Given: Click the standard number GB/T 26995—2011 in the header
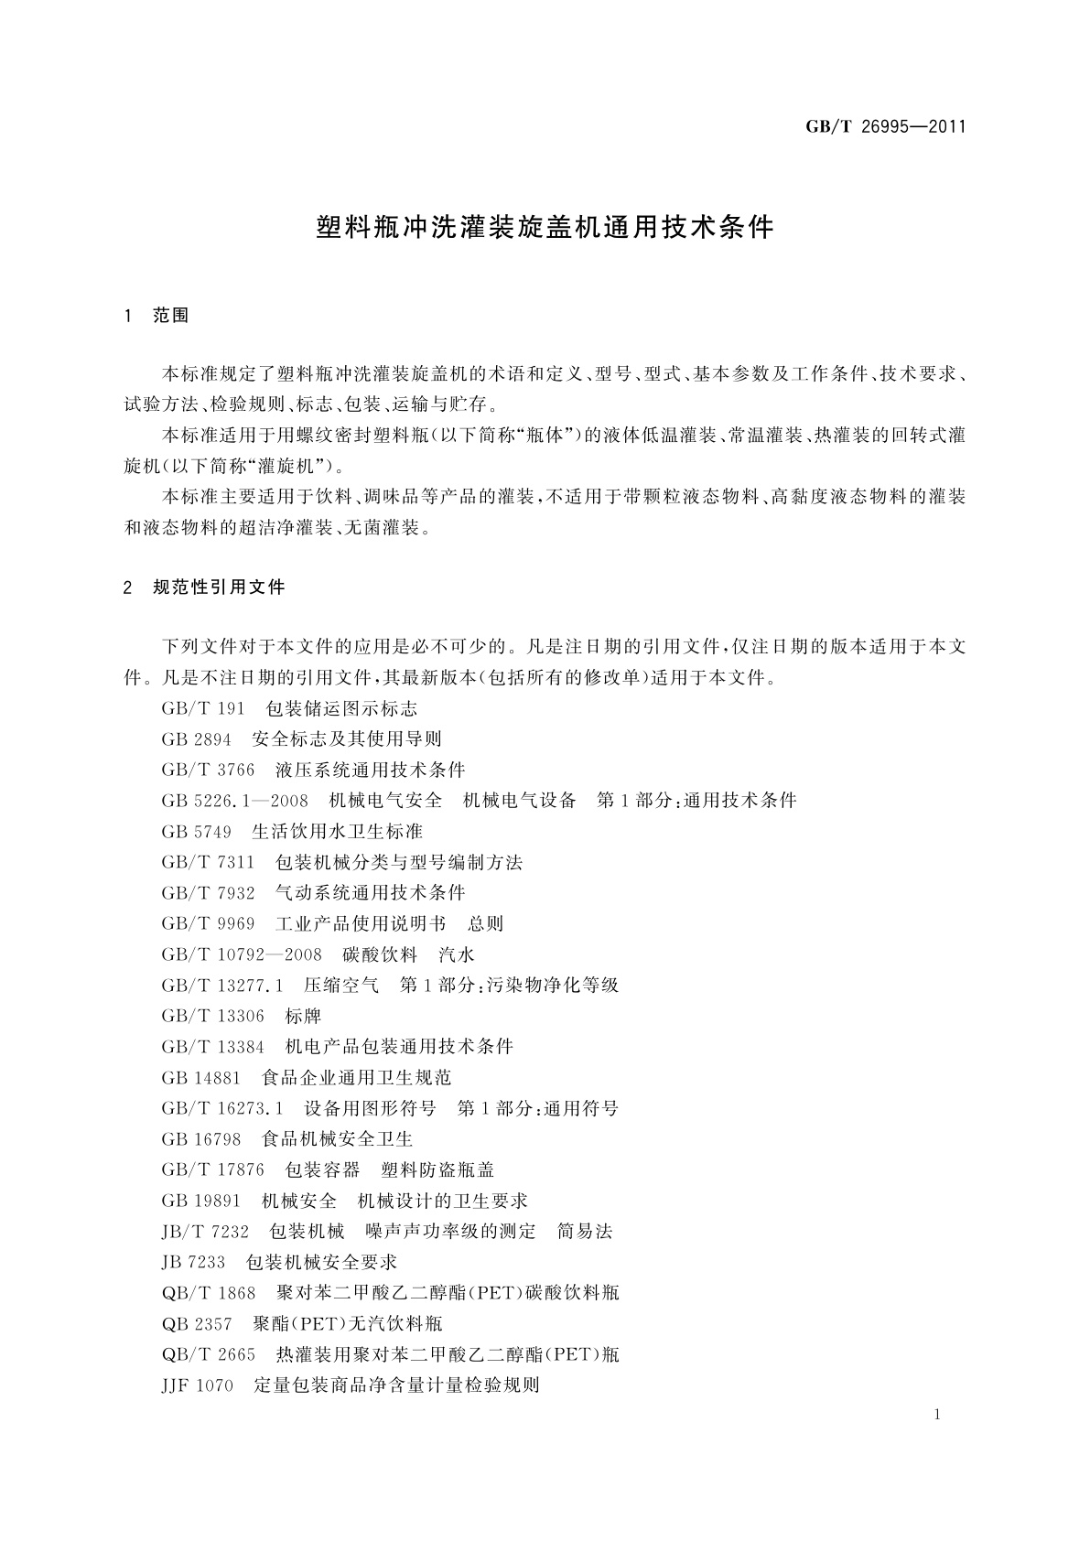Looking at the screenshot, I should pyautogui.click(x=885, y=127).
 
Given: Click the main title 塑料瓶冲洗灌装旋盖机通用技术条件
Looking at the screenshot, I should pyautogui.click(x=545, y=228).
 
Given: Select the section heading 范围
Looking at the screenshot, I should pyautogui.click(x=171, y=316).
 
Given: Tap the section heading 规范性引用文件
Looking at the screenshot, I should pyautogui.click(x=220, y=587).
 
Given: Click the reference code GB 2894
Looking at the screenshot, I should pyautogui.click(x=196, y=739).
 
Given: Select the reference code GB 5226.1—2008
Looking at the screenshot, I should pyautogui.click(x=234, y=801).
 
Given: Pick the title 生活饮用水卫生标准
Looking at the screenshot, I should pyautogui.click(x=337, y=832).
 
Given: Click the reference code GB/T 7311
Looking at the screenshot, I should pyautogui.click(x=208, y=862).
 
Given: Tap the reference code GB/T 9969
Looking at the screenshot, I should pyautogui.click(x=208, y=924).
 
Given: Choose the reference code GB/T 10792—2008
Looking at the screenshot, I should pyautogui.click(x=242, y=954).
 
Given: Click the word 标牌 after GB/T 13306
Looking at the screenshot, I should pyautogui.click(x=303, y=1017).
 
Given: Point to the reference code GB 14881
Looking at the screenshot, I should pyautogui.click(x=200, y=1078).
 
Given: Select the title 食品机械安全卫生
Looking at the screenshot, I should pyautogui.click(x=337, y=1139).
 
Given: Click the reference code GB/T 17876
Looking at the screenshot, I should pyautogui.click(x=212, y=1170).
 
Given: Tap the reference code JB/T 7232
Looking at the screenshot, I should pyautogui.click(x=205, y=1232).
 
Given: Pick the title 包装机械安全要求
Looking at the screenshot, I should pyautogui.click(x=322, y=1263).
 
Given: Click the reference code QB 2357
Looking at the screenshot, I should pyautogui.click(x=196, y=1324).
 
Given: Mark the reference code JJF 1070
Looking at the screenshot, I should pyautogui.click(x=197, y=1385).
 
